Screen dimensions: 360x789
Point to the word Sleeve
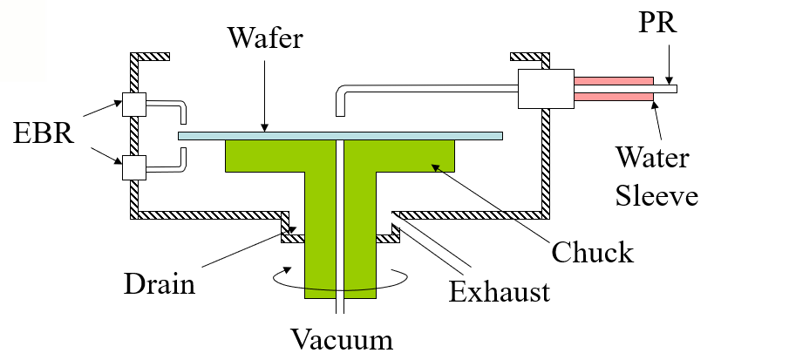(x=656, y=195)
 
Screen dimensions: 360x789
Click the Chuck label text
(x=593, y=252)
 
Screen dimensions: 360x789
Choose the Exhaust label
(x=500, y=290)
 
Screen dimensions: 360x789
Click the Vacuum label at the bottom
(x=343, y=337)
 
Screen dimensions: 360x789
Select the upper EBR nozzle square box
(x=134, y=105)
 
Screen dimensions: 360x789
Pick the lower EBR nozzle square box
(x=134, y=166)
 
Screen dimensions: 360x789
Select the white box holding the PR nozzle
(x=546, y=89)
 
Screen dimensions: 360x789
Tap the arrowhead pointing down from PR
(x=668, y=78)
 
